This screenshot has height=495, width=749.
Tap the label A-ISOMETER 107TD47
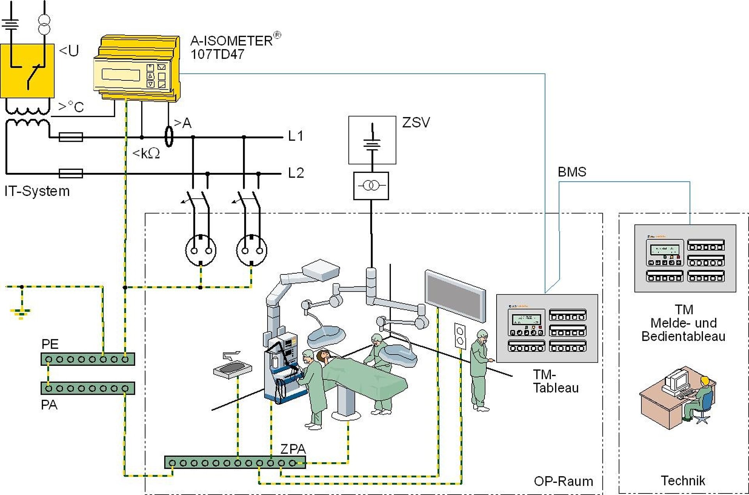(x=232, y=47)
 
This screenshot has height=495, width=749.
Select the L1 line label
(x=295, y=136)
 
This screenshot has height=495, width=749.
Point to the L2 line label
(x=296, y=173)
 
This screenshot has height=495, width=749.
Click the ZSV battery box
(x=372, y=140)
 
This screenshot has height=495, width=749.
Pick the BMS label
(x=572, y=172)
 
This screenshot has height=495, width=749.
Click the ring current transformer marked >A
(x=169, y=136)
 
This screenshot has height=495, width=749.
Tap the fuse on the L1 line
(x=71, y=137)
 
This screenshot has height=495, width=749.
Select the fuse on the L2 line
(x=71, y=173)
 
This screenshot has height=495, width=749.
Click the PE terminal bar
(x=88, y=359)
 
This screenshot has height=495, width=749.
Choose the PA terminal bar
(x=88, y=388)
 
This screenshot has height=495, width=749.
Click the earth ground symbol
(x=21, y=313)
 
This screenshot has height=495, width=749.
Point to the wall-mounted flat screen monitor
(x=455, y=296)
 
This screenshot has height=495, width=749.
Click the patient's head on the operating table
(x=323, y=356)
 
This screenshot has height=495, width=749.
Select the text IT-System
(x=37, y=191)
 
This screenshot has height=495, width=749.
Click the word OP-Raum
(x=563, y=481)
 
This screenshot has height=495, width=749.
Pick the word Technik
(x=683, y=481)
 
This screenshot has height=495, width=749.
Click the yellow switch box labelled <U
(x=27, y=71)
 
